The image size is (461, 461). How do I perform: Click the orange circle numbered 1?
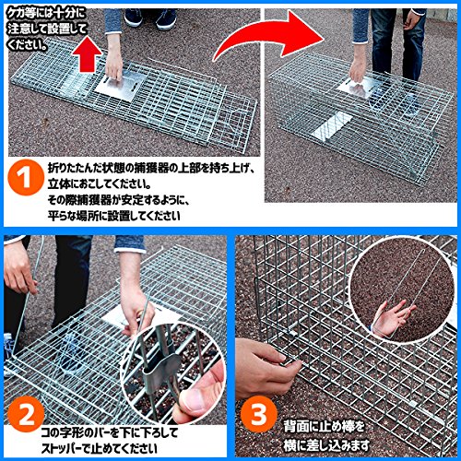tap(26, 177)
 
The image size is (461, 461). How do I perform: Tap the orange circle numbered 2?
tap(26, 414)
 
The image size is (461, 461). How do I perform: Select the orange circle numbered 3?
tap(259, 414)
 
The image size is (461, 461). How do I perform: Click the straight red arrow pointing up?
tap(88, 54)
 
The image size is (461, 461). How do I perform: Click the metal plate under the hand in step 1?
tap(120, 85)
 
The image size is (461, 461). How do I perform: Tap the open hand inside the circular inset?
tap(393, 318)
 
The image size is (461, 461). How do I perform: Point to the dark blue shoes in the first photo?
tap(150, 18)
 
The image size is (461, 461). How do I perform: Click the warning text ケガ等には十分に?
tap(46, 14)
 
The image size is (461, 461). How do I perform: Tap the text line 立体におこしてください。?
tap(99, 184)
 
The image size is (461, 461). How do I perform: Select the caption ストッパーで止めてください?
tap(99, 448)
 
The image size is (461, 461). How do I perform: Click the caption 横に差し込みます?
tap(326, 445)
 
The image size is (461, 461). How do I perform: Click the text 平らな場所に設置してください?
tap(113, 216)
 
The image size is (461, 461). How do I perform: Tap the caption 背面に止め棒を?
tap(325, 427)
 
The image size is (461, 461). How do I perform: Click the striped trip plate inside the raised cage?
tap(332, 126)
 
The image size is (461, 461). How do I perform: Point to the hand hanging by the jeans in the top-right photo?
tap(412, 19)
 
